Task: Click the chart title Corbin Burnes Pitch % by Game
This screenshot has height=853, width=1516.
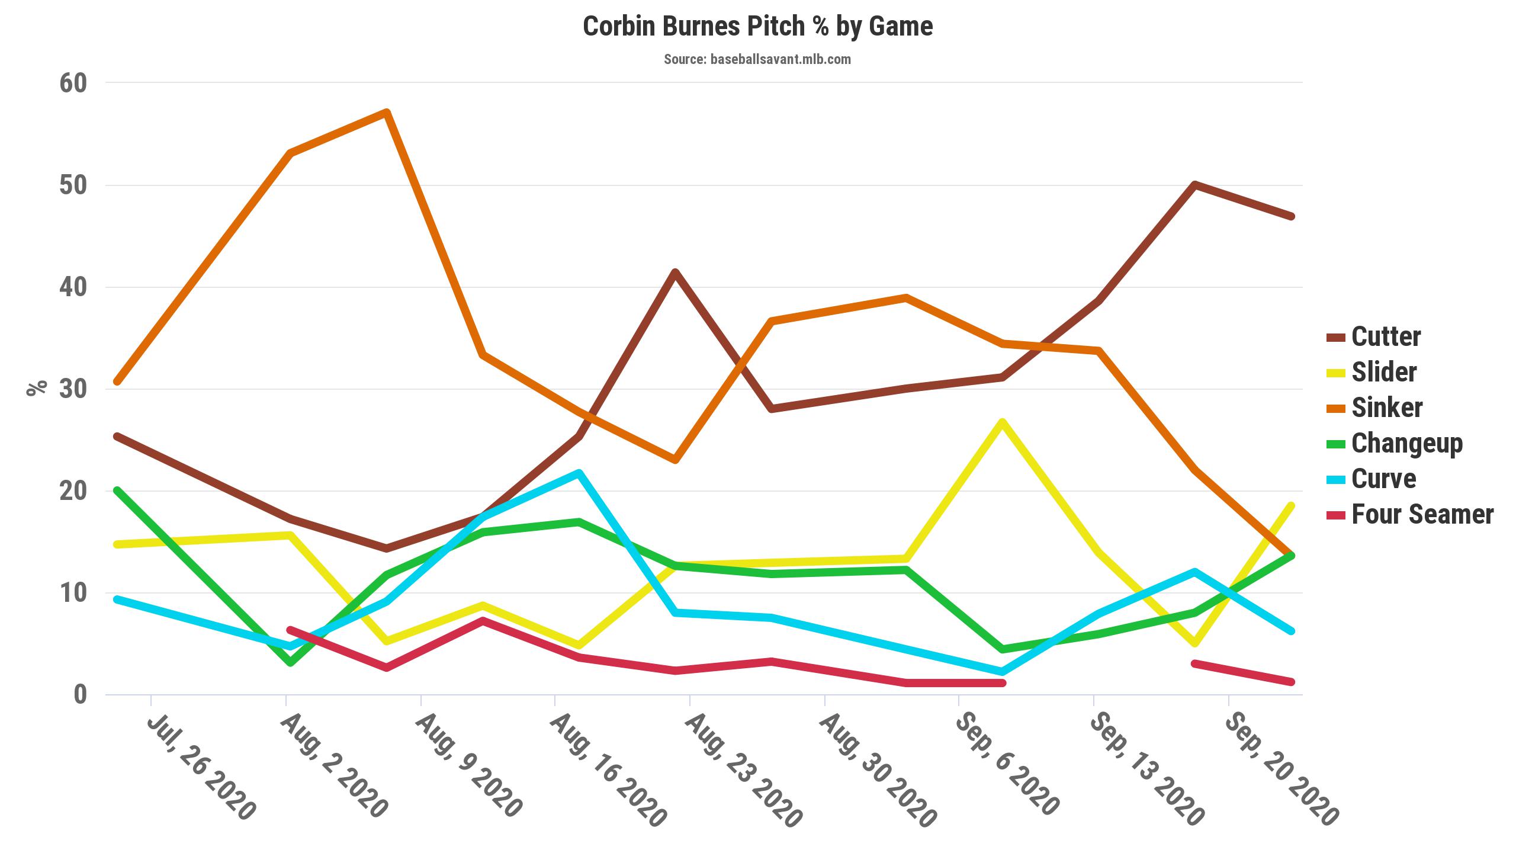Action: tap(757, 27)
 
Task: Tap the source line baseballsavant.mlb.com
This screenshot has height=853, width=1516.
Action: tap(757, 59)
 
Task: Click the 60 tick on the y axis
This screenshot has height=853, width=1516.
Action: tap(73, 83)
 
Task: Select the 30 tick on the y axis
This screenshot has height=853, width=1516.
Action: tap(73, 389)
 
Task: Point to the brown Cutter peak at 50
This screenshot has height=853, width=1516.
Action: tap(1195, 185)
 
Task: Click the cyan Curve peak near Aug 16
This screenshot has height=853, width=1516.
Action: tap(579, 473)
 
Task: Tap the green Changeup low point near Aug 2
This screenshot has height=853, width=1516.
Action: tap(290, 662)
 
